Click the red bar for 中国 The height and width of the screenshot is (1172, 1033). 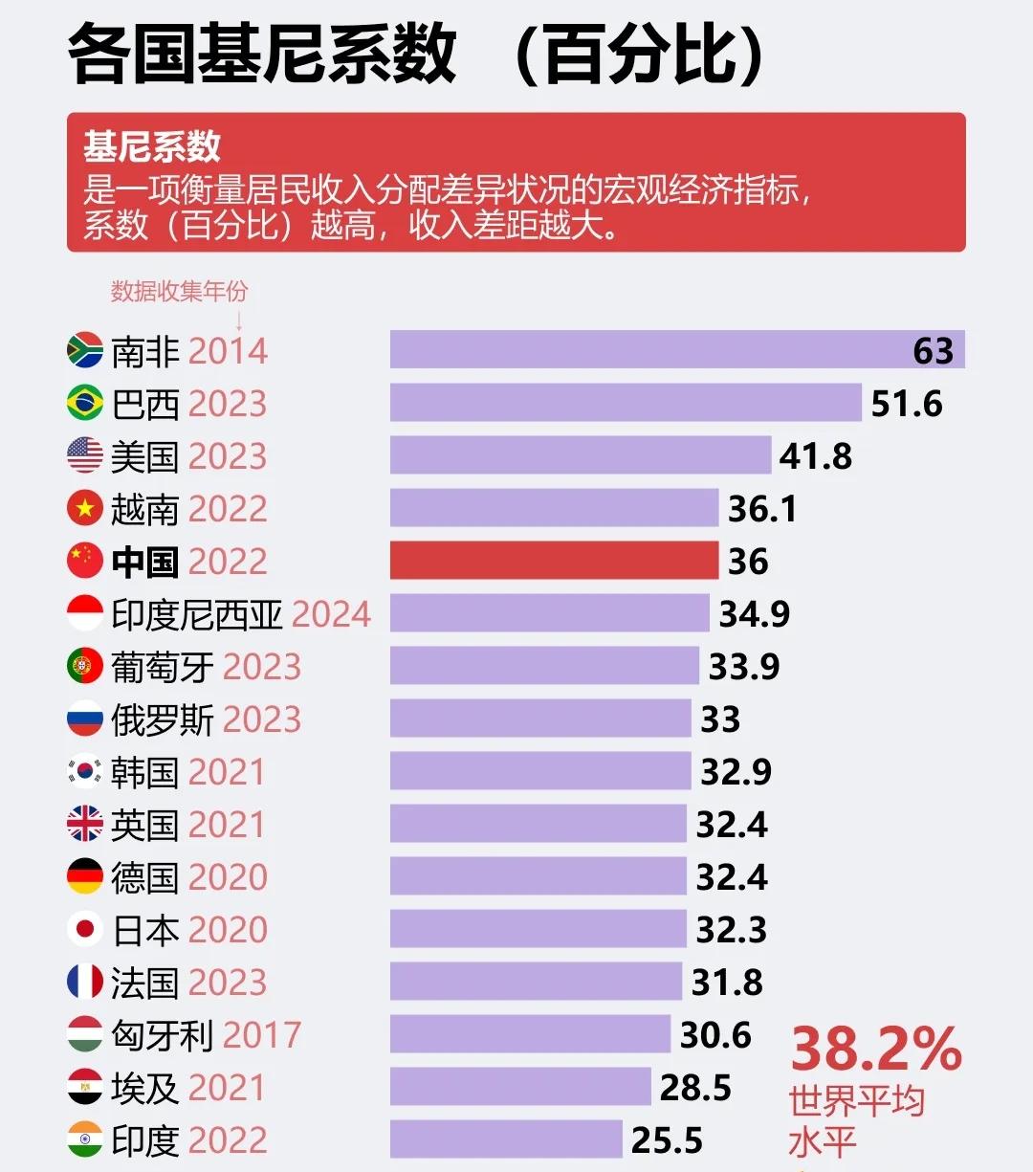[554, 561]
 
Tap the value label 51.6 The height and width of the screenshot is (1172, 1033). [906, 404]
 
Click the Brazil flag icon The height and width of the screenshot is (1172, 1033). [85, 403]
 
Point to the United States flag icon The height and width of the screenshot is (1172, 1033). [85, 455]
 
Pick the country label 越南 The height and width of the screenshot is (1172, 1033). [144, 509]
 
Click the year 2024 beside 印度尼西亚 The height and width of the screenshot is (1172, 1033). [331, 614]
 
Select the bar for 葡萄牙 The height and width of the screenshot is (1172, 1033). [544, 666]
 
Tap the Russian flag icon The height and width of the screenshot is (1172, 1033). [85, 719]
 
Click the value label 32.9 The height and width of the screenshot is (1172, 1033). [736, 772]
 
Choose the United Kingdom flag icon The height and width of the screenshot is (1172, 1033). [85, 824]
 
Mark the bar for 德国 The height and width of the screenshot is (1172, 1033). [538, 876]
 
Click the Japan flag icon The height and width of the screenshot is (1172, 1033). [85, 929]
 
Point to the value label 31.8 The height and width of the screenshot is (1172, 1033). [727, 983]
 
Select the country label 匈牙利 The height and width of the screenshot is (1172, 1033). [162, 1035]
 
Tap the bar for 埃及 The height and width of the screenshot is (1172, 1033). [520, 1087]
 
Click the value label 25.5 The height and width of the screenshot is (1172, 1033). [667, 1140]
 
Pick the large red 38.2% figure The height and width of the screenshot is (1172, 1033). [875, 1050]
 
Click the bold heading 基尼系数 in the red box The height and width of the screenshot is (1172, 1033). [152, 146]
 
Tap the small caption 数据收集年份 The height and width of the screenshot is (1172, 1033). [179, 291]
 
